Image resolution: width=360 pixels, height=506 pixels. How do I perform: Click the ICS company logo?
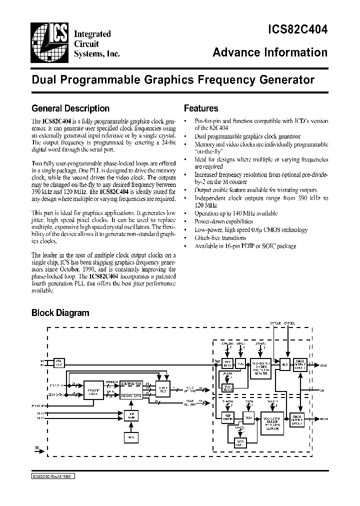coord(50,44)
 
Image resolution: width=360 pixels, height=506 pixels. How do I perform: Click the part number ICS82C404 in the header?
coord(294,30)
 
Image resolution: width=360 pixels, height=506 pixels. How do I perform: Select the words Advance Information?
coord(270,52)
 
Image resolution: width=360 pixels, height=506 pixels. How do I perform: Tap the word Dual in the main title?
coord(42,79)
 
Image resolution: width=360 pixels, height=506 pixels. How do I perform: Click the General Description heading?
coord(70,108)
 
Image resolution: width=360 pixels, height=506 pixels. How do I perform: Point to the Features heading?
coord(201,108)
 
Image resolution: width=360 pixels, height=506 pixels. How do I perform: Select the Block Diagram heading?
coord(60,313)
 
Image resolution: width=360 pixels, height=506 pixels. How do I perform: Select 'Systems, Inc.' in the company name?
coord(96,53)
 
